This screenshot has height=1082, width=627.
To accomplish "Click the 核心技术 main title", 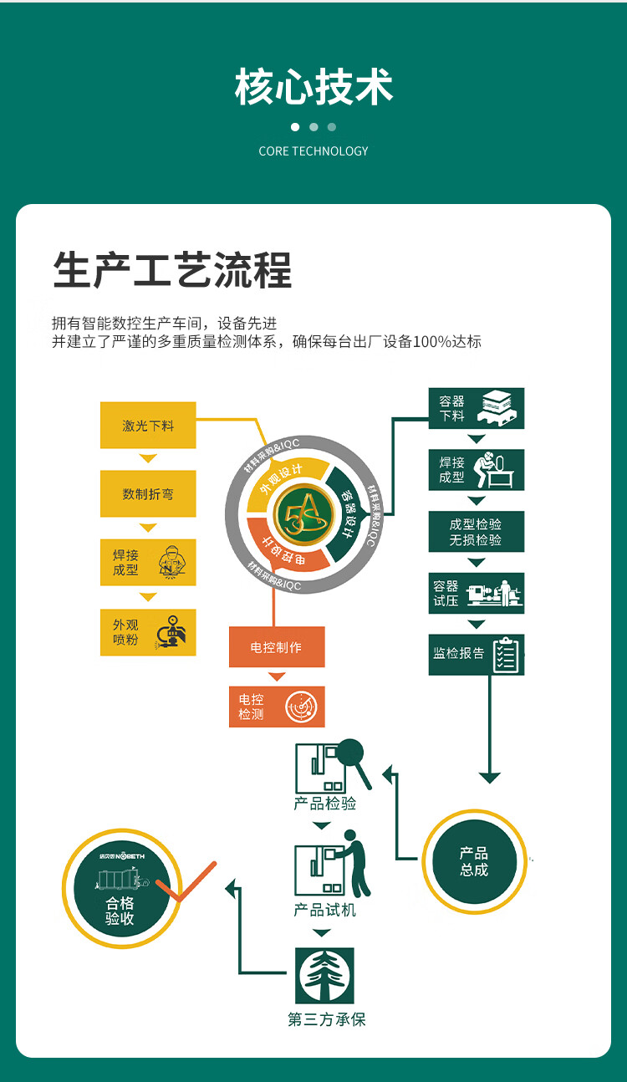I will click(313, 88).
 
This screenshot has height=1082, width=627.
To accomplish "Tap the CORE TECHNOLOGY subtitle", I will click(313, 151).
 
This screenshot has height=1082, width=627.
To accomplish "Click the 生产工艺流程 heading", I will click(172, 271).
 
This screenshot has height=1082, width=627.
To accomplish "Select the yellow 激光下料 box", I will click(148, 426).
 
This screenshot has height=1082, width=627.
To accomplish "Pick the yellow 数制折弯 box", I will click(148, 493).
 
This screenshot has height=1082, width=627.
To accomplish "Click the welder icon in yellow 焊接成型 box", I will click(172, 562).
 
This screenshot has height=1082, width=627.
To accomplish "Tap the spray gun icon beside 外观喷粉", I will click(172, 631).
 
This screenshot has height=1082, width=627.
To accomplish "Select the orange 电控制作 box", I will click(277, 647).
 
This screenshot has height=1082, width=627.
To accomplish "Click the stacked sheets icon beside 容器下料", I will click(500, 408).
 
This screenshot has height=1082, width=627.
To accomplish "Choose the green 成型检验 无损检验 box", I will click(476, 532).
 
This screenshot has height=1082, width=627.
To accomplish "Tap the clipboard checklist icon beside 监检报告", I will click(506, 654).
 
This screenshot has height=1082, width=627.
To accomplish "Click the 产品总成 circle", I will click(474, 861).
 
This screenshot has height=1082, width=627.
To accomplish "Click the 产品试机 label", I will click(324, 910).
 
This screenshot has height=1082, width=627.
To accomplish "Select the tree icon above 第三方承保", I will click(324, 976).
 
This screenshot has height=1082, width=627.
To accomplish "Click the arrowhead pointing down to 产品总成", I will click(490, 778).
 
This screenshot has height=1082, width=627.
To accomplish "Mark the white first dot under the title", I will click(295, 127).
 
